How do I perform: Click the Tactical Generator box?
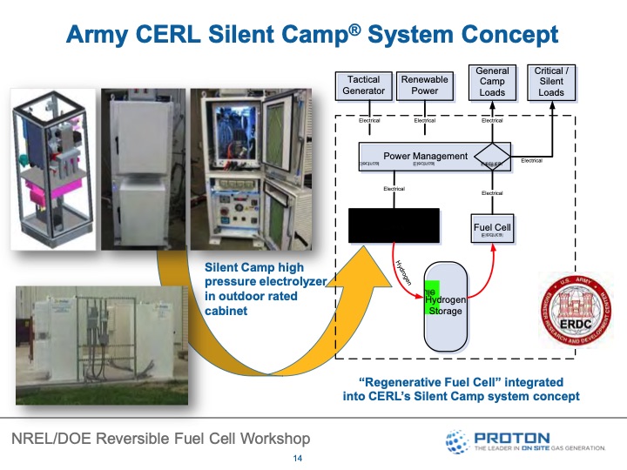(x=364, y=85)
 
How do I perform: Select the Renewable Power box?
(x=424, y=85)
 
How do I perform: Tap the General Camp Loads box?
(x=492, y=81)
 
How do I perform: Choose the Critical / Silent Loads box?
(x=551, y=81)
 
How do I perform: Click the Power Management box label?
(x=425, y=157)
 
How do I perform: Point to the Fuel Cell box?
(x=492, y=228)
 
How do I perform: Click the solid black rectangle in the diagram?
(x=393, y=225)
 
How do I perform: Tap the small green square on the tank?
(x=430, y=297)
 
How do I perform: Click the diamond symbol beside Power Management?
(x=493, y=158)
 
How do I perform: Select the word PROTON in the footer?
(x=512, y=437)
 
